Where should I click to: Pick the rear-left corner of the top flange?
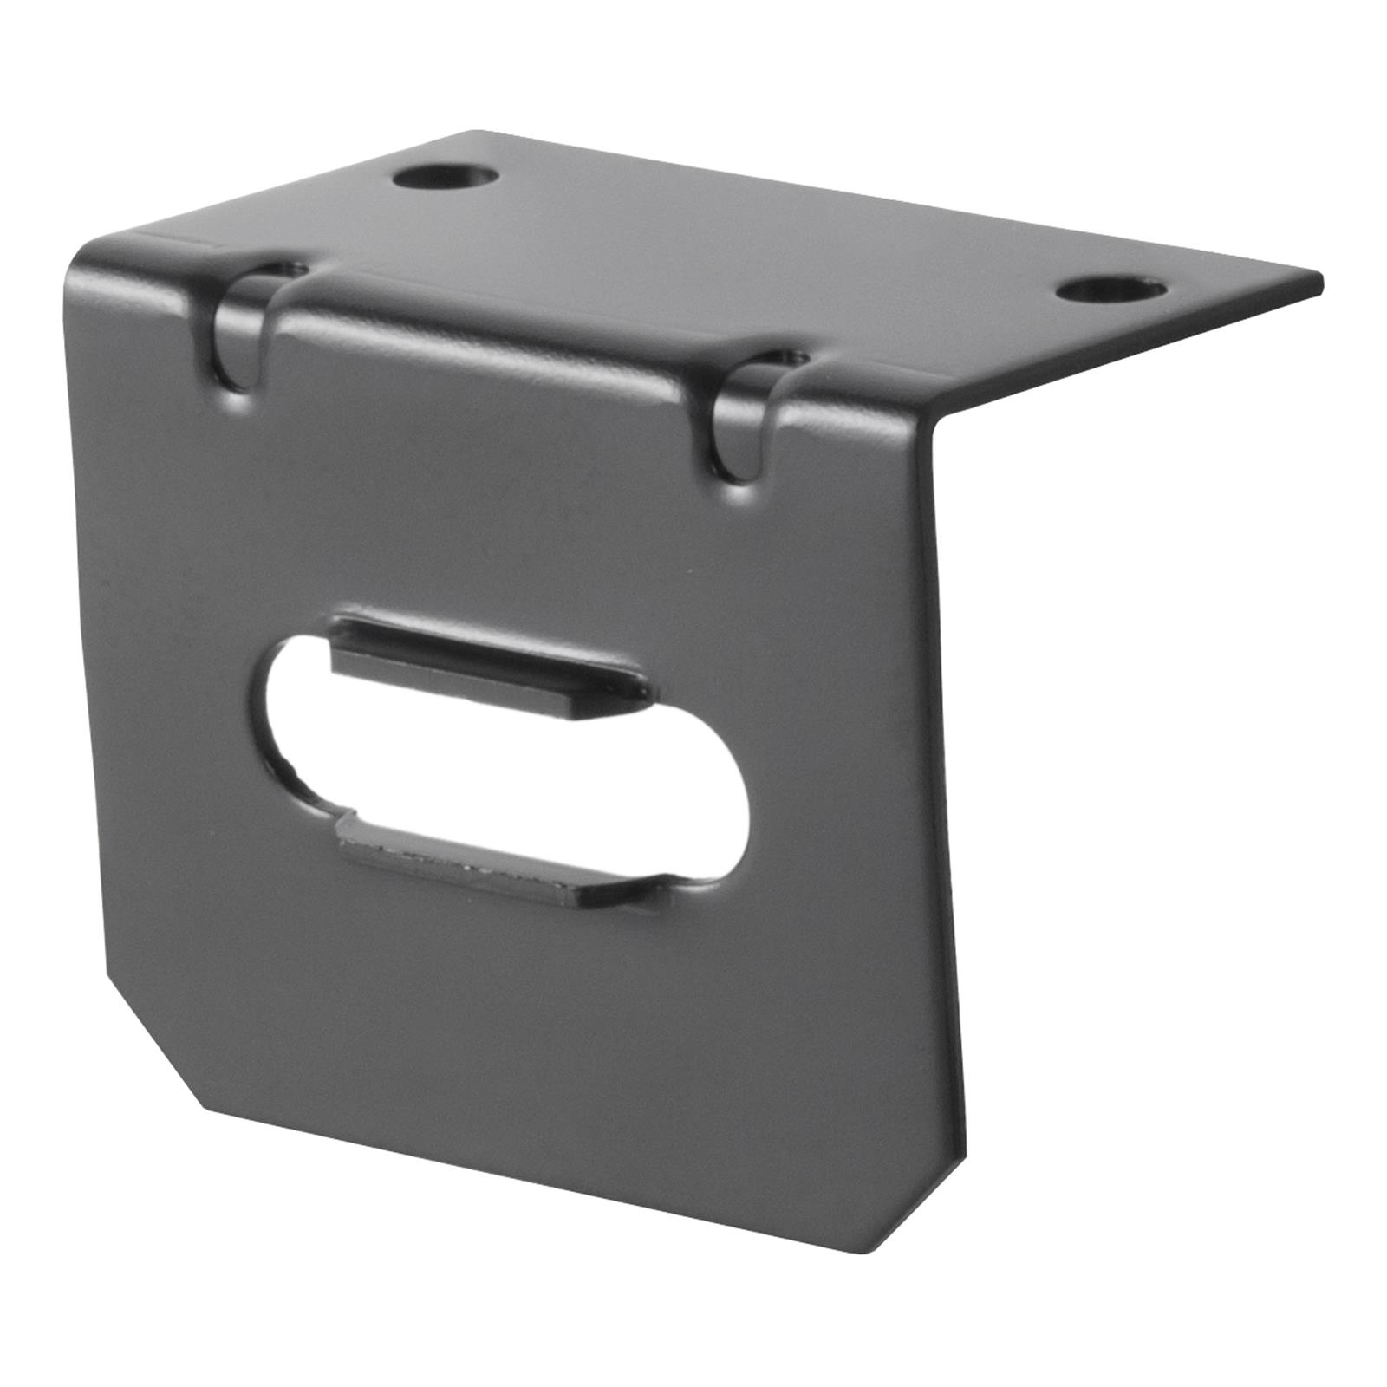[472, 134]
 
